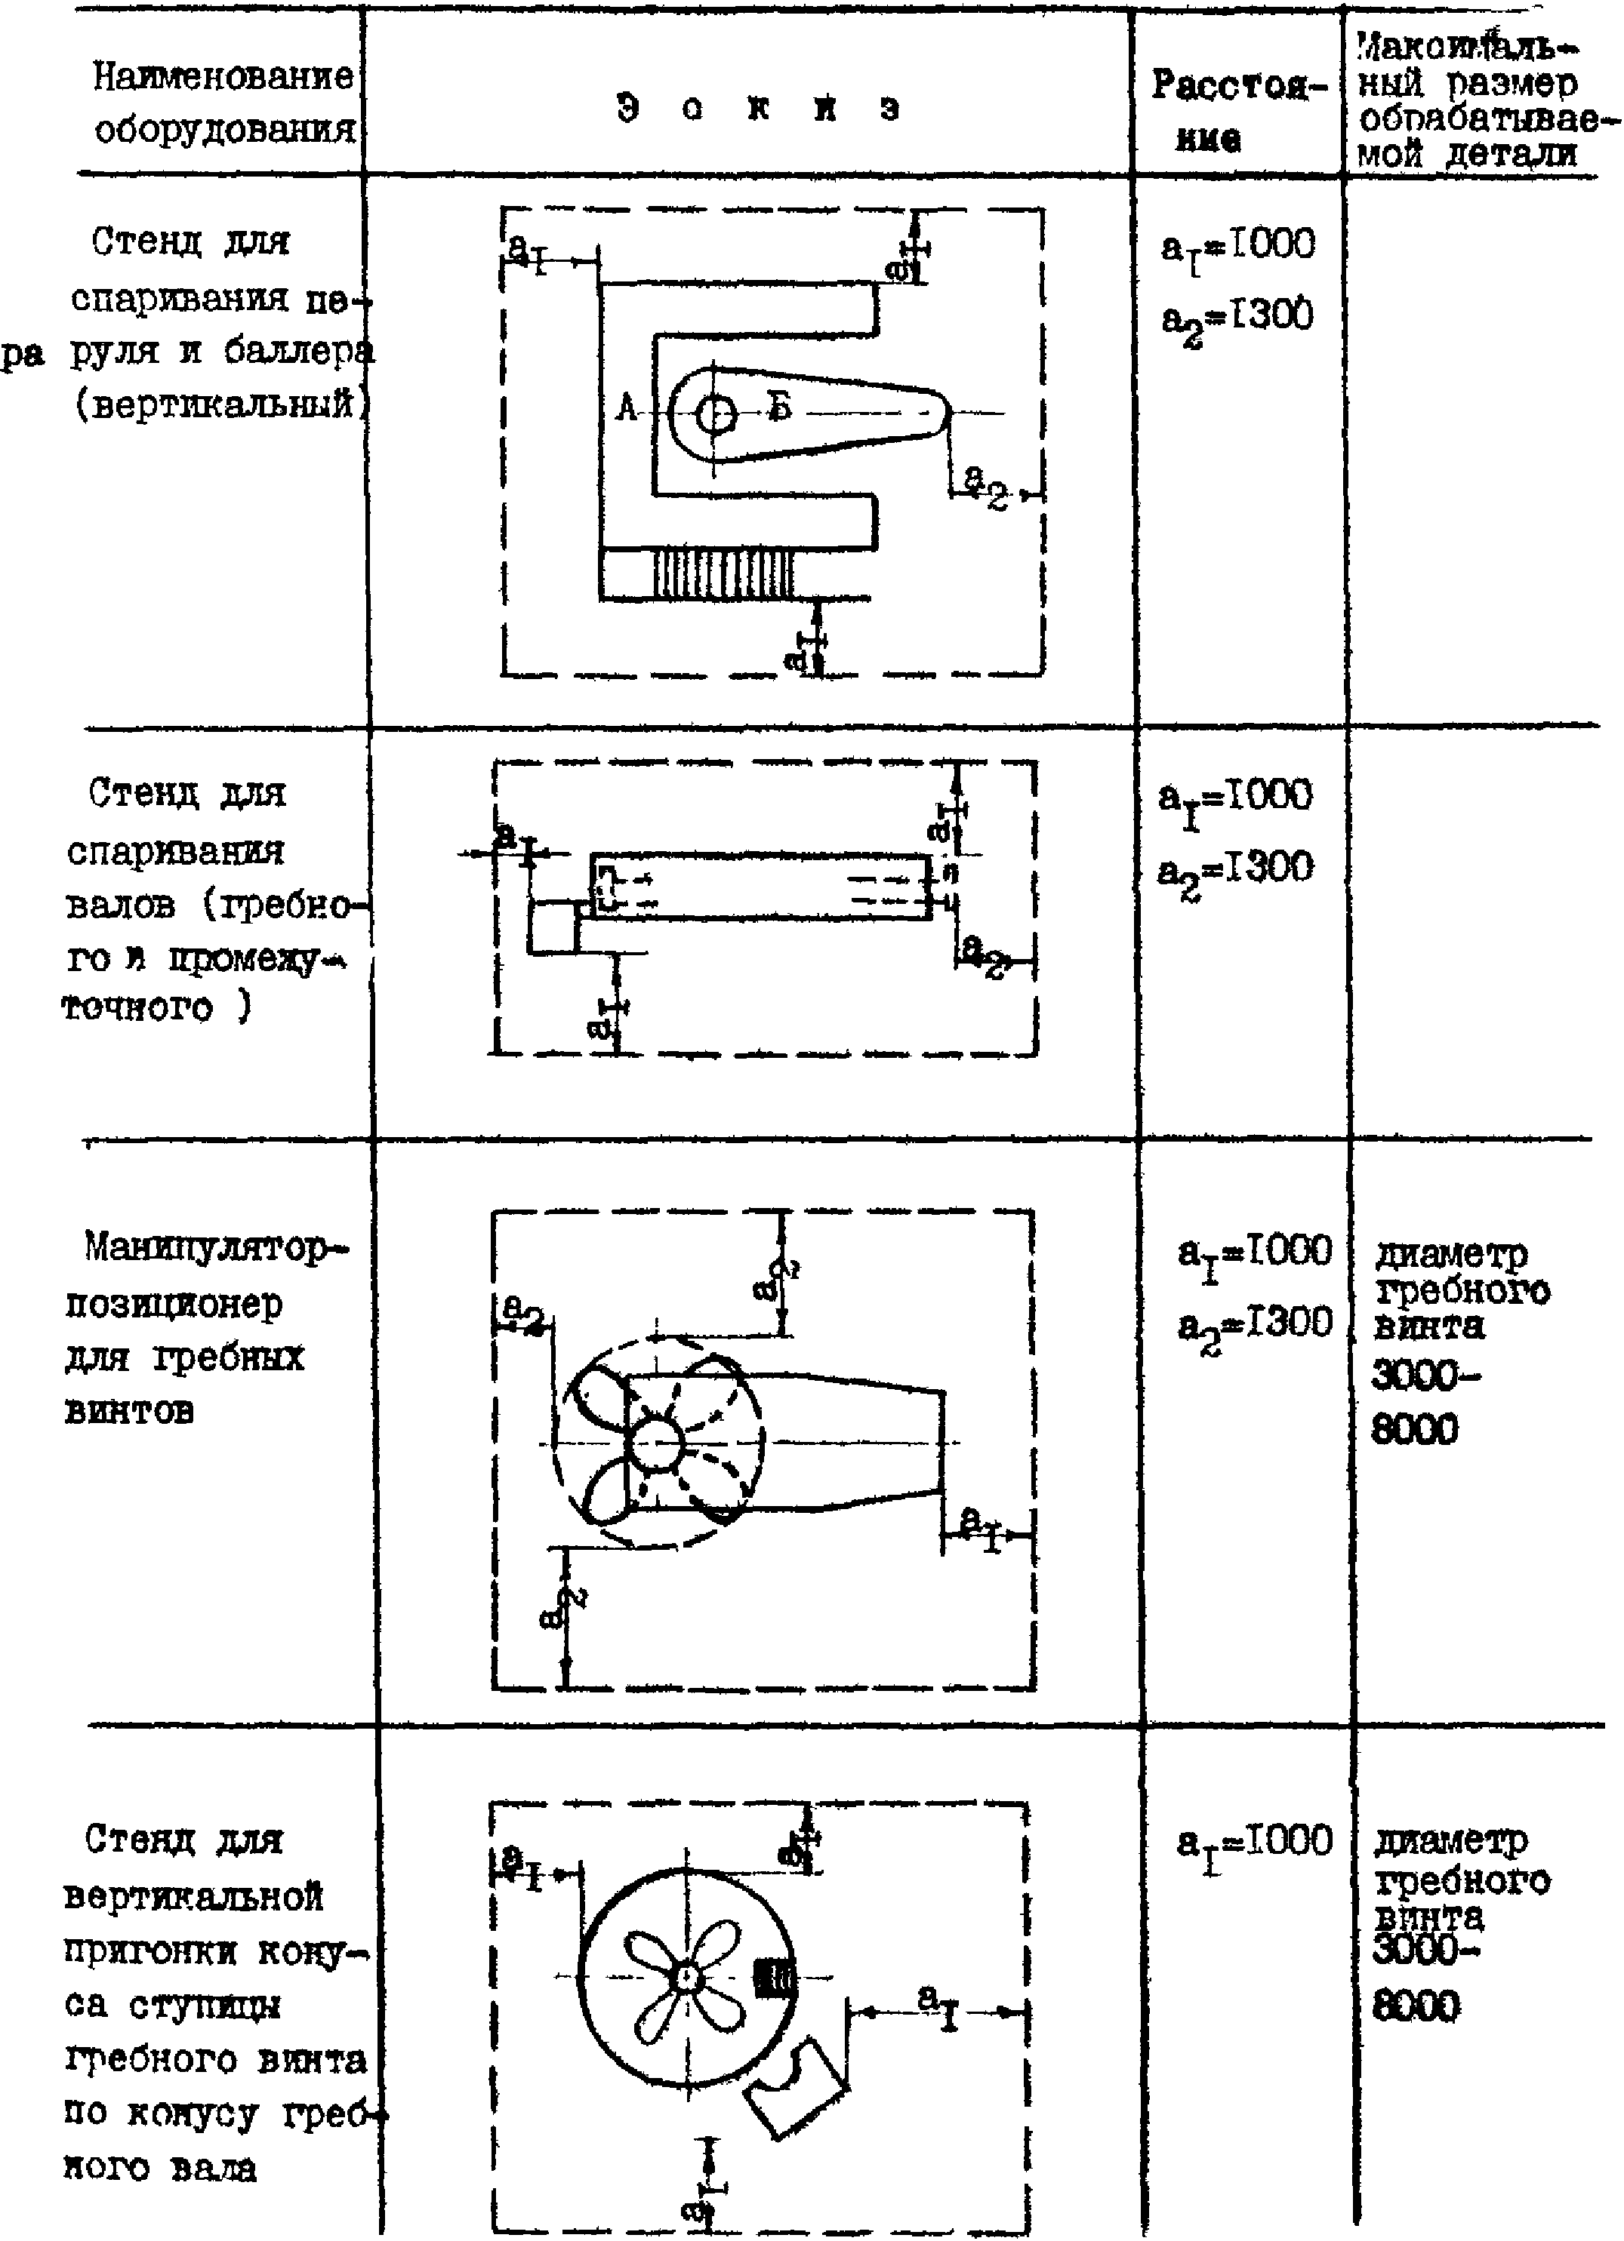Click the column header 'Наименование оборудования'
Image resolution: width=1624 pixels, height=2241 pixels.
(x=223, y=102)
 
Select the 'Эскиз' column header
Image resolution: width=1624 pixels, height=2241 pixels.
(x=758, y=108)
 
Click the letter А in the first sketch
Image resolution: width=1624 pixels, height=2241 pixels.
(x=627, y=407)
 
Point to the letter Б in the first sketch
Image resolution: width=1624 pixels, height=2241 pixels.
(x=780, y=407)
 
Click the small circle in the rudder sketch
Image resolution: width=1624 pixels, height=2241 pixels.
(x=713, y=415)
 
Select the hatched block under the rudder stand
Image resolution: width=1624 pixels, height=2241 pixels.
(x=725, y=573)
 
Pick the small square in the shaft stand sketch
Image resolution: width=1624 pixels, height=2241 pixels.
(x=552, y=927)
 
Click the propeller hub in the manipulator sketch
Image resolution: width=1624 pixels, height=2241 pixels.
(x=656, y=1446)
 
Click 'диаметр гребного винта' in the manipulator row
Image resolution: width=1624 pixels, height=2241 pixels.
(x=1460, y=1290)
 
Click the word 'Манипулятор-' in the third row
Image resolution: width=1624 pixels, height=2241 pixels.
(x=217, y=1248)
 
